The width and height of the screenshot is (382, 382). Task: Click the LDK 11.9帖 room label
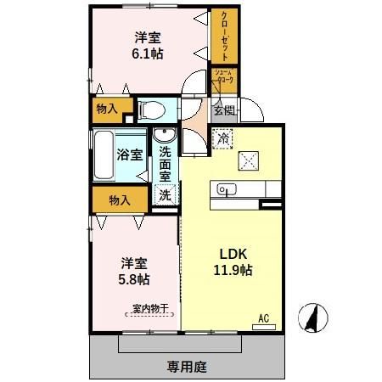point(230,263)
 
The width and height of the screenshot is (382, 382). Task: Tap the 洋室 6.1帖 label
point(148,45)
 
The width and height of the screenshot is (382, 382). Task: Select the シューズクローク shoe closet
point(223,80)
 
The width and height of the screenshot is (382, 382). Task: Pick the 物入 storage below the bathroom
point(120,200)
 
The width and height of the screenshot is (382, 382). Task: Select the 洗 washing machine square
point(165,194)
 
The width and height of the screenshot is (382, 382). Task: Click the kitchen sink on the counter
point(226,188)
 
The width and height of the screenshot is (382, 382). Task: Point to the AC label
point(263,318)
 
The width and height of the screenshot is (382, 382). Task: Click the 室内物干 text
point(149,309)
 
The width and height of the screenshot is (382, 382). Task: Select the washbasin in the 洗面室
point(164,135)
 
